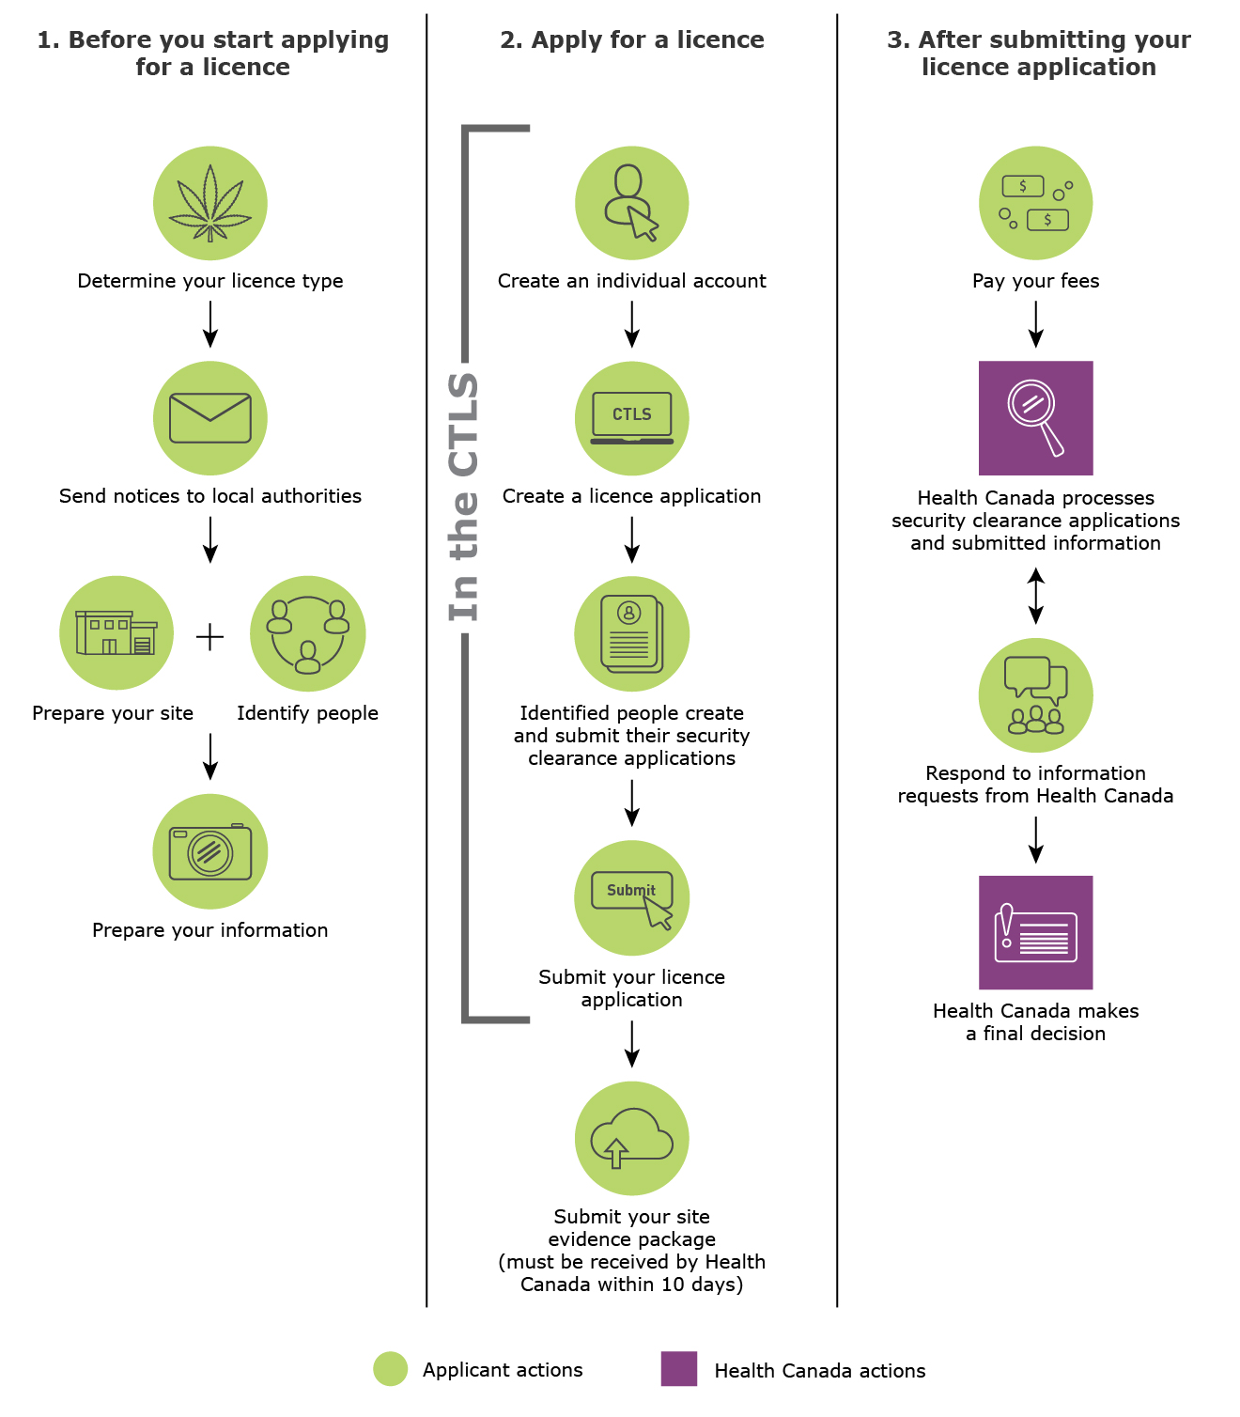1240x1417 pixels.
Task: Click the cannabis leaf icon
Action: [x=210, y=203]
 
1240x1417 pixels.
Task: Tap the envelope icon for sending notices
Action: [x=210, y=418]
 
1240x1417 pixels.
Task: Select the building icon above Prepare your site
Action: [x=116, y=633]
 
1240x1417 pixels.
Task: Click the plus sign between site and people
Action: [x=210, y=637]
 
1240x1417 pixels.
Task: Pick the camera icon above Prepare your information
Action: [x=210, y=851]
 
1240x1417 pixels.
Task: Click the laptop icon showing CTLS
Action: [x=632, y=418]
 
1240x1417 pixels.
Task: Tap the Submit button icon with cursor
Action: [x=632, y=898]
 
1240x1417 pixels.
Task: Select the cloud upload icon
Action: [x=632, y=1138]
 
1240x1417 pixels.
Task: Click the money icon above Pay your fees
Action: [x=1035, y=203]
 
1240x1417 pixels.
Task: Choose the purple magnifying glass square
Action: [x=1035, y=418]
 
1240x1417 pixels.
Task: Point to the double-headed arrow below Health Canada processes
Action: [x=1035, y=596]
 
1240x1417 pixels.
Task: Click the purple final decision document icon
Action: [x=1035, y=932]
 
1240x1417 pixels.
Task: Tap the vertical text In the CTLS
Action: [x=464, y=496]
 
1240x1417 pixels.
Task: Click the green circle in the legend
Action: [x=391, y=1369]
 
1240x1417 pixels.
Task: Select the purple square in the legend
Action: [x=679, y=1369]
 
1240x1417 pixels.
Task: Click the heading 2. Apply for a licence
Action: [x=632, y=39]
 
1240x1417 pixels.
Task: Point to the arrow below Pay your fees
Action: [x=1035, y=324]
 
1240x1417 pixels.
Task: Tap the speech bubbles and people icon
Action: [x=1035, y=695]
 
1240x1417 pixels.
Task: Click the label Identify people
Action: [x=307, y=713]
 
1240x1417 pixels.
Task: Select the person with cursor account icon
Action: [x=632, y=203]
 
